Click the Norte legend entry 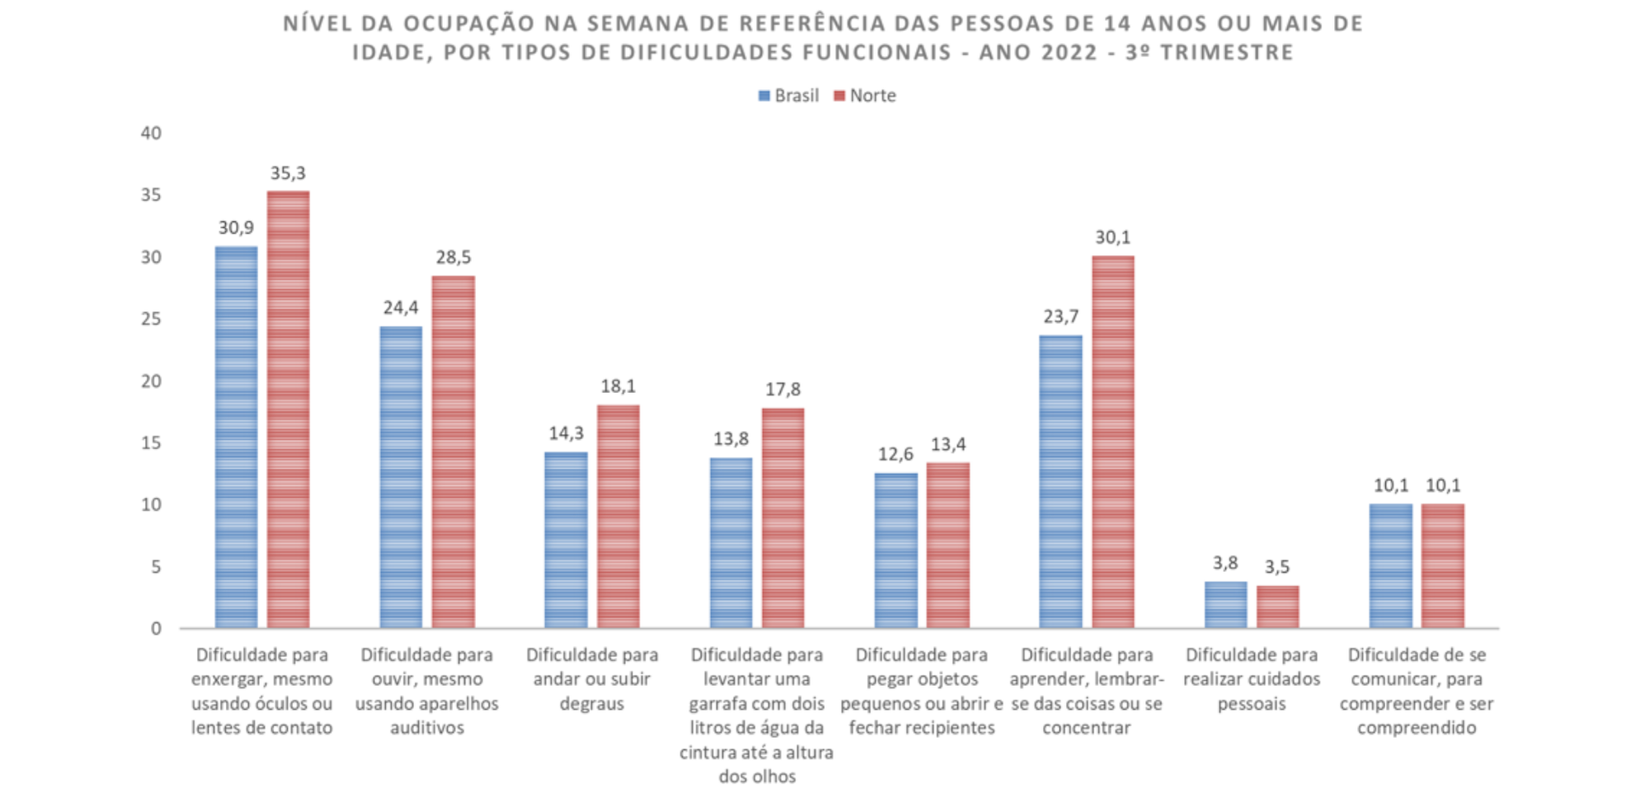[865, 96]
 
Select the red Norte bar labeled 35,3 [288, 409]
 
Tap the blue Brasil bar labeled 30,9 [236, 437]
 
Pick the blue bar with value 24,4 [401, 477]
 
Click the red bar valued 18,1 [618, 517]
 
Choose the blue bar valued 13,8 [731, 543]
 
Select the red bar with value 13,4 [948, 546]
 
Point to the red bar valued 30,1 [1113, 442]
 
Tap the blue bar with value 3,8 [1226, 605]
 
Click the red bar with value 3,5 [1278, 607]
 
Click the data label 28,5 [453, 258]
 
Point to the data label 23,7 [1061, 317]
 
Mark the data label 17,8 [783, 390]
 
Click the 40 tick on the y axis [151, 133]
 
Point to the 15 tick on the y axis [151, 443]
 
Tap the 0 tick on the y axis [156, 629]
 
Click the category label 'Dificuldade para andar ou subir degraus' [592, 679]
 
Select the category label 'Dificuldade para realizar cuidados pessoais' [1252, 679]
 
